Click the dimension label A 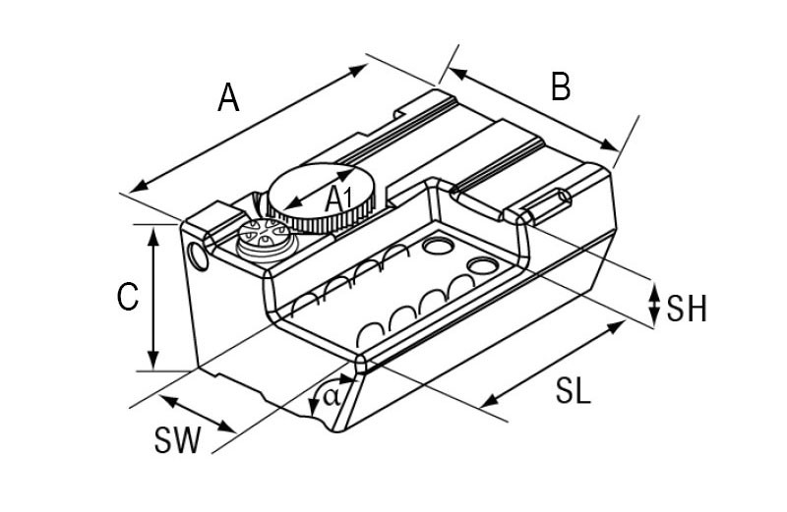pyautogui.click(x=228, y=98)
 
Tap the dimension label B pyautogui.click(x=561, y=86)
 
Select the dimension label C pyautogui.click(x=128, y=297)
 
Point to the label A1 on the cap pyautogui.click(x=338, y=199)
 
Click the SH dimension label pyautogui.click(x=687, y=309)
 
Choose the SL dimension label pyautogui.click(x=574, y=391)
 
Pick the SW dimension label pyautogui.click(x=178, y=440)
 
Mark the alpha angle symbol pyautogui.click(x=332, y=397)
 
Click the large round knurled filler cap pyautogui.click(x=321, y=199)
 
